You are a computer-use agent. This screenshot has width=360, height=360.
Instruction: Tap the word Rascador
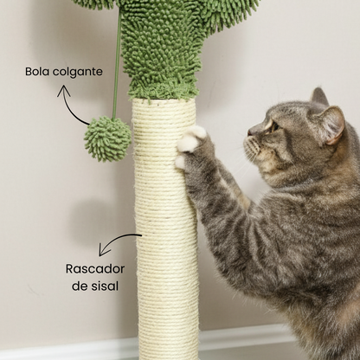click(95, 269)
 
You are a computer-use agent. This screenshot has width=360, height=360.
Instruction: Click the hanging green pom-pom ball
click(107, 138)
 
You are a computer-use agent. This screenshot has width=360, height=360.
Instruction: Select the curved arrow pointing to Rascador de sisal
click(117, 241)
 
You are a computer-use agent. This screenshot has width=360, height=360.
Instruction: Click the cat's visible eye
click(274, 126)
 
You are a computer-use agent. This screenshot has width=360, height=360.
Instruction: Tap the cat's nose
click(250, 133)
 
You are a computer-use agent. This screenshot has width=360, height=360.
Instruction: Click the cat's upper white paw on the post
click(191, 139)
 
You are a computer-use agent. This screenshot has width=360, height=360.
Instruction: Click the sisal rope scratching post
click(166, 228)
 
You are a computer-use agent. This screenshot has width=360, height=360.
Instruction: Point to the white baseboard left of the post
click(69, 350)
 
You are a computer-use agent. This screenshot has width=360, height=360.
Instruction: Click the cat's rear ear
click(319, 97)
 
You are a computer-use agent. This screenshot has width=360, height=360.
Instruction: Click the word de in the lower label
click(79, 286)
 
